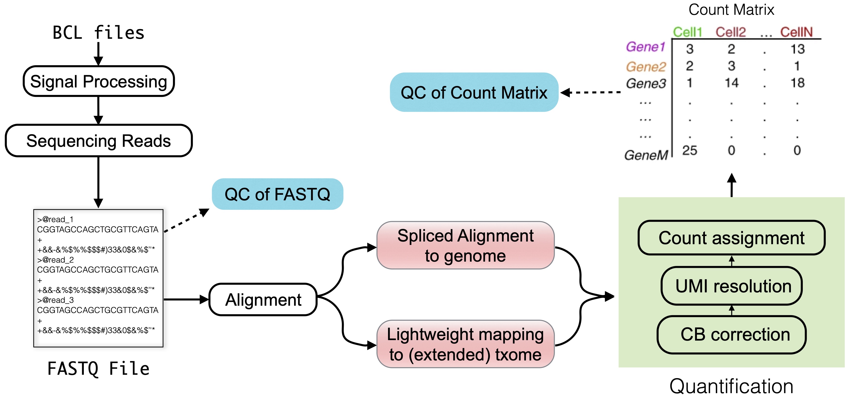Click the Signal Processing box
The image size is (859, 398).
tap(99, 81)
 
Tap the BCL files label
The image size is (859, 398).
tap(99, 33)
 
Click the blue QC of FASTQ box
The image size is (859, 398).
tap(277, 194)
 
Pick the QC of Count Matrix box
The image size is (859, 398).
tap(474, 92)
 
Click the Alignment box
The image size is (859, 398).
tap(263, 299)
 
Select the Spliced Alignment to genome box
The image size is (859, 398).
tap(466, 245)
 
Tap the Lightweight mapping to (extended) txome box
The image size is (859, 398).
tap(466, 344)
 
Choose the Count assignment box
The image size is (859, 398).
tap(732, 238)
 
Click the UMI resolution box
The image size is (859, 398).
tap(732, 286)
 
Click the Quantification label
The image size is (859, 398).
tap(732, 386)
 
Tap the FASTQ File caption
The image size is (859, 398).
tap(99, 369)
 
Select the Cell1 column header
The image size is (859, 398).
tap(687, 32)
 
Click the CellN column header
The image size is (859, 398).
tap(796, 32)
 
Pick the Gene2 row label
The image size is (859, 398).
tap(646, 67)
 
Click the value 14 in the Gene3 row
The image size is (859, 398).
tap(732, 83)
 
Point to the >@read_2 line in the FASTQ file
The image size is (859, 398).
tap(56, 260)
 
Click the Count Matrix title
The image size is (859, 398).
tap(732, 10)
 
